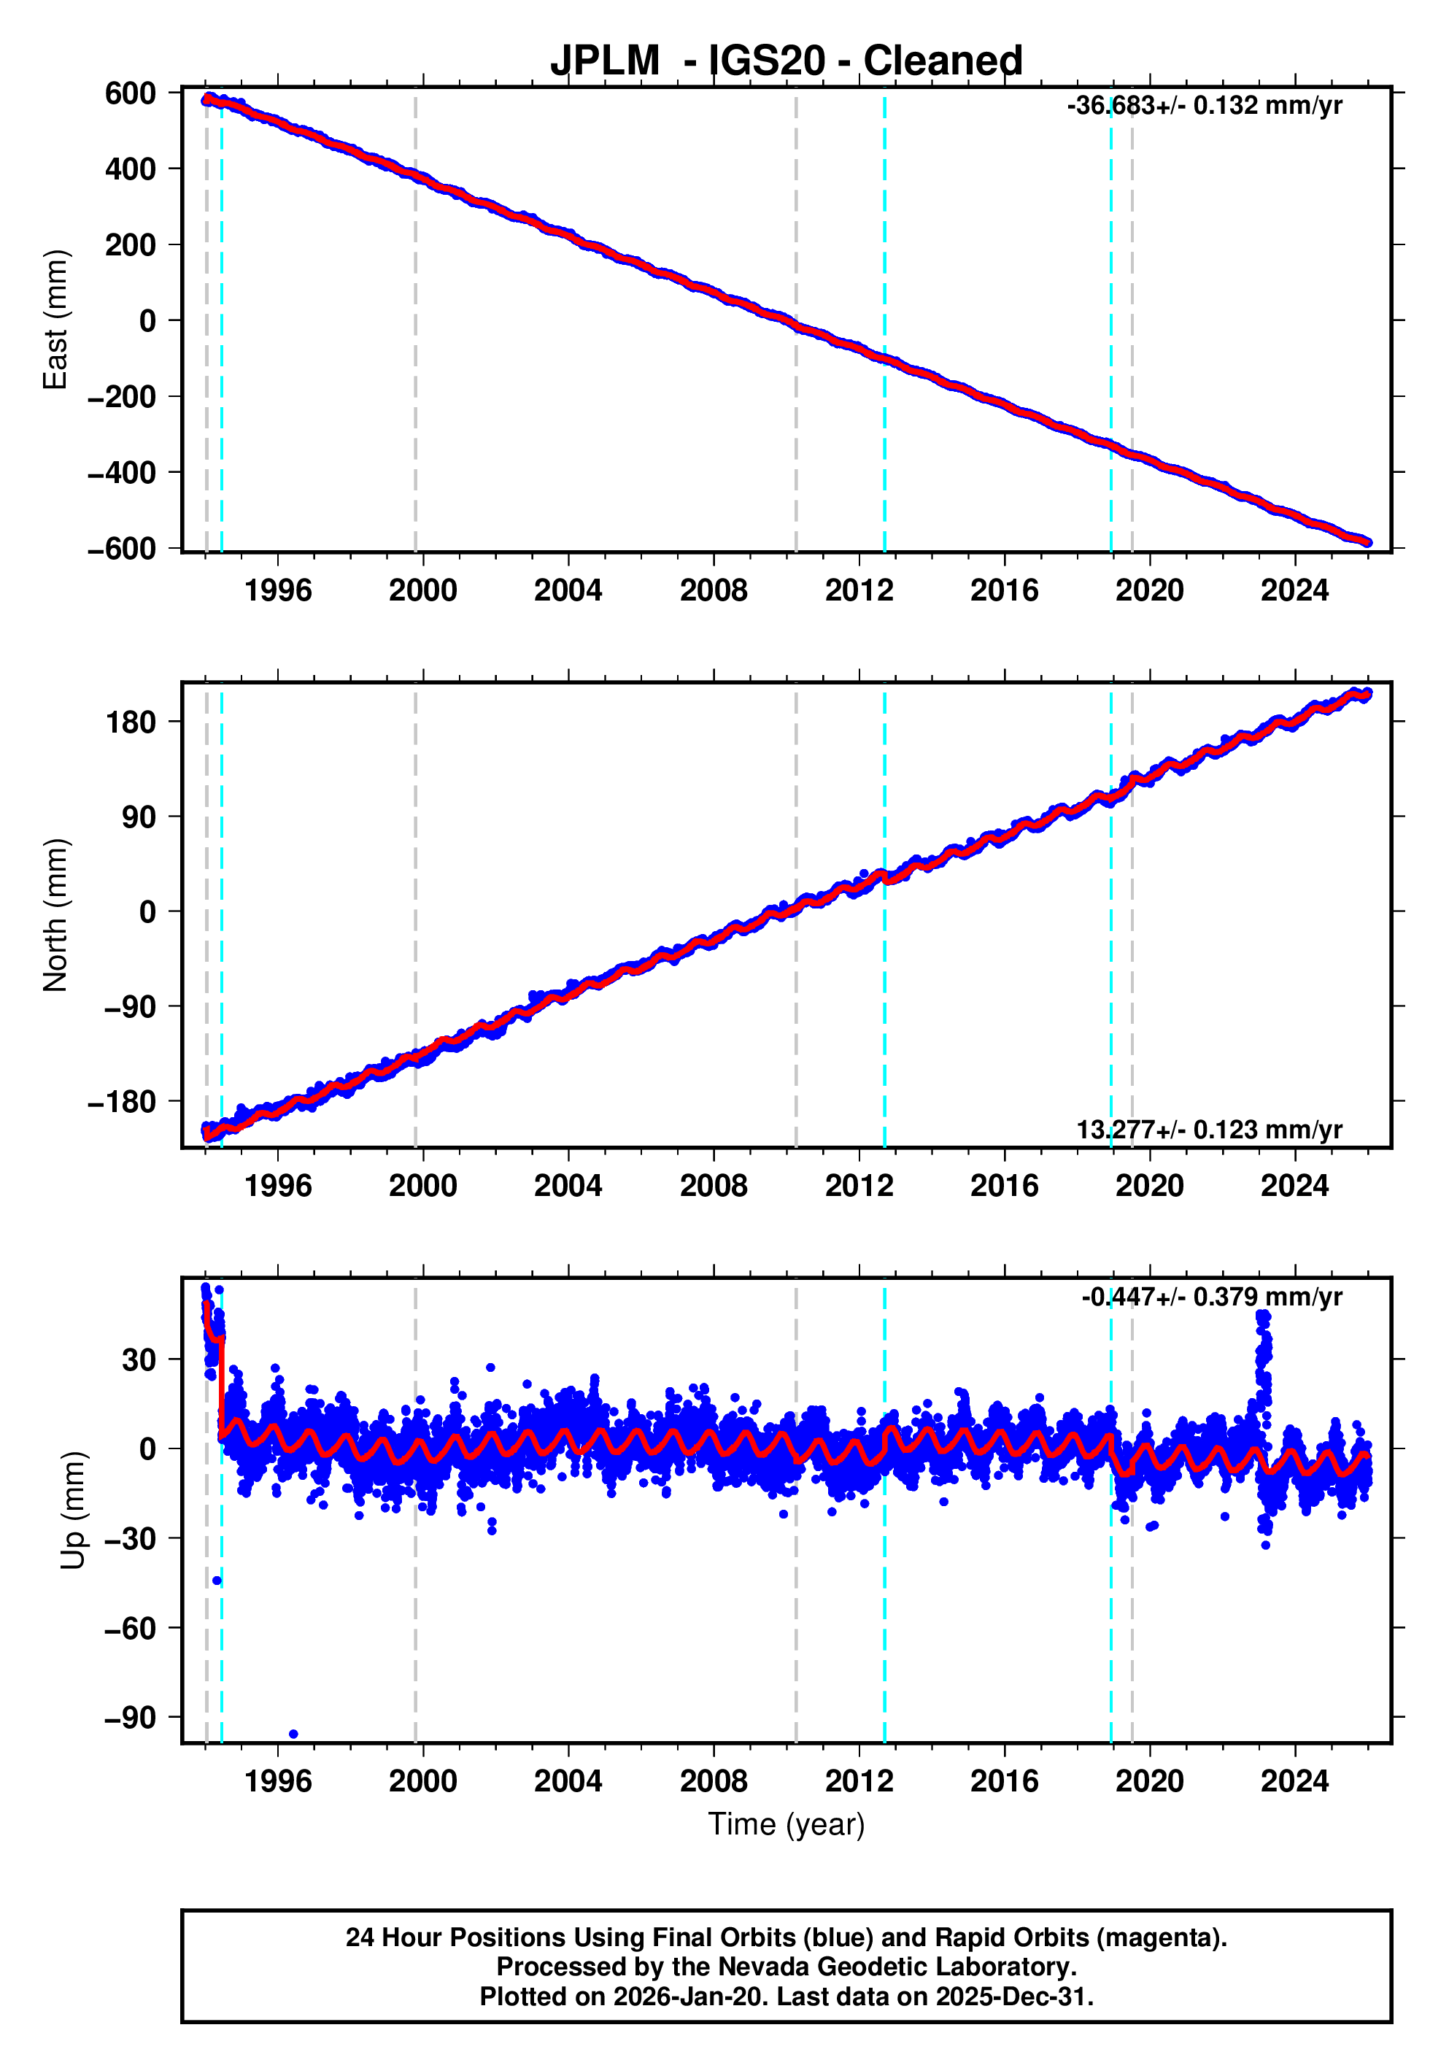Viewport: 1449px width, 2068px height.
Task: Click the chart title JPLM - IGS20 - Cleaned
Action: (x=787, y=61)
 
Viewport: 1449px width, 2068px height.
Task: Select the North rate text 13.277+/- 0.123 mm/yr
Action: (x=1208, y=1130)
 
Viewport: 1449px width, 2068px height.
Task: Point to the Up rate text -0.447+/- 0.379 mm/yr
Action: (x=1211, y=1297)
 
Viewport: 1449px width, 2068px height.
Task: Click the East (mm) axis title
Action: (x=56, y=320)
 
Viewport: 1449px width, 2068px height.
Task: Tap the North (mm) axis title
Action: (x=56, y=915)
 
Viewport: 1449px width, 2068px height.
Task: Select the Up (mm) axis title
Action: (x=74, y=1511)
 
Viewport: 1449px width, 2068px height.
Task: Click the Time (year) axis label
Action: (x=787, y=1824)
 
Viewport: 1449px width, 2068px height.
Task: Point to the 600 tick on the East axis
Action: (x=130, y=93)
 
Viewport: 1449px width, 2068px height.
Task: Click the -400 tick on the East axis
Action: (x=122, y=473)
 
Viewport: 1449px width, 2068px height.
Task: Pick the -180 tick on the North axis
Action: (x=122, y=1102)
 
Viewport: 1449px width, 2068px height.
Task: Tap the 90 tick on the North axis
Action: (x=139, y=817)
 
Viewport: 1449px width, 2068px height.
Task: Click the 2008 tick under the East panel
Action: (x=714, y=591)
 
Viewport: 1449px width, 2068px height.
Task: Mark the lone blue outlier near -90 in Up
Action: (x=293, y=1734)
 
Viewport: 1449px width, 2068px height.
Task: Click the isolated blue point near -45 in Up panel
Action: (x=216, y=1581)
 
